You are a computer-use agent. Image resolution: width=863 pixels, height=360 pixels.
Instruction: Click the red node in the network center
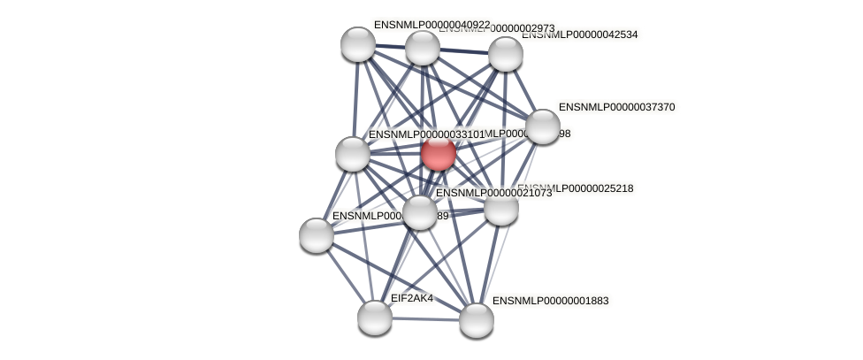point(438,153)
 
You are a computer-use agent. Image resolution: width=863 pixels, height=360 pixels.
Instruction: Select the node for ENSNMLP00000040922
point(358,44)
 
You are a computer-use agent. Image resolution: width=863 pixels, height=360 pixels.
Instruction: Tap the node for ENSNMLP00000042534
point(505,54)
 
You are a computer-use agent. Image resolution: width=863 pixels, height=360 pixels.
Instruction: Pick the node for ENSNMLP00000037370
point(543,126)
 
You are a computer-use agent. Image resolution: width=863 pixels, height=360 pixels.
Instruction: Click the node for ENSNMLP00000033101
point(353,154)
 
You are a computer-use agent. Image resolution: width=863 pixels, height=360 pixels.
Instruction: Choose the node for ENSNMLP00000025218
point(500,208)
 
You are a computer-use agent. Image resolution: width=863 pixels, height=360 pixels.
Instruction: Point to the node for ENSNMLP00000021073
point(420,212)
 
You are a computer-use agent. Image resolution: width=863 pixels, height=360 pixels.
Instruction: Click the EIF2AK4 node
point(375,317)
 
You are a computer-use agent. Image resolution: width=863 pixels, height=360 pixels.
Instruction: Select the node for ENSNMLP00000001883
point(476,320)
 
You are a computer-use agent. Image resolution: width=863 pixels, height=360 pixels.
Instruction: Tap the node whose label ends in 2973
point(423,48)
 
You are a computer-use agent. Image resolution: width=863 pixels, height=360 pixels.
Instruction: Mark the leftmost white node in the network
point(317,235)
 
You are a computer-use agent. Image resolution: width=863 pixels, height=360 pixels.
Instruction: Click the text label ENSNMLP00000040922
point(431,25)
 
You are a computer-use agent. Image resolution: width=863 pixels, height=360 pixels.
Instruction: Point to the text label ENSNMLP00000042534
point(579,35)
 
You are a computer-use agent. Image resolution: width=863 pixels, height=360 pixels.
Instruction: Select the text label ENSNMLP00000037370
point(616,107)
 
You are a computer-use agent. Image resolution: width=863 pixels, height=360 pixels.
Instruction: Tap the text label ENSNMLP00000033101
point(426,134)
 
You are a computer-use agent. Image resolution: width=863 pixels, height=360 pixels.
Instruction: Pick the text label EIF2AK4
point(412,298)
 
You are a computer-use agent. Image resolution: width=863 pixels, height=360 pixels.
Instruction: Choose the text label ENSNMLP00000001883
point(550,301)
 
